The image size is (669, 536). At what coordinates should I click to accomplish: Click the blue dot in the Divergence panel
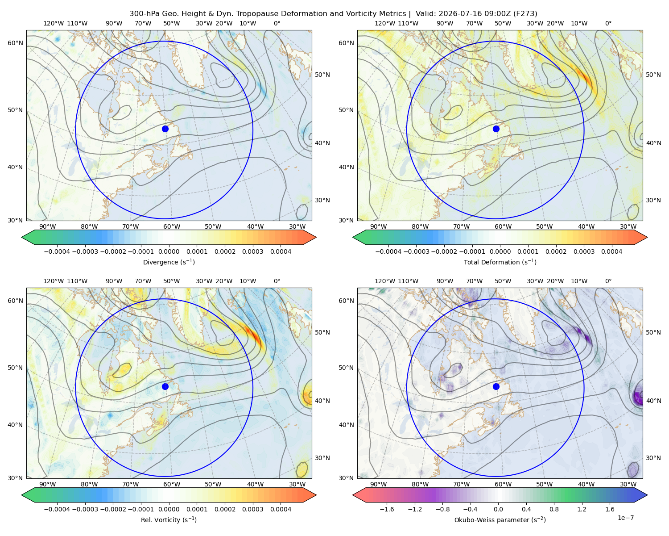click(165, 129)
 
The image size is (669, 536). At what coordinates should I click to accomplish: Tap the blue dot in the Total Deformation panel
click(496, 129)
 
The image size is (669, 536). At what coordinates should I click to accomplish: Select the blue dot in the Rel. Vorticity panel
click(165, 386)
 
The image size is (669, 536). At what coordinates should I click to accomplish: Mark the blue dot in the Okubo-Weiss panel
click(496, 386)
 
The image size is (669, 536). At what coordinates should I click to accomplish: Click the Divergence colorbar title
click(169, 262)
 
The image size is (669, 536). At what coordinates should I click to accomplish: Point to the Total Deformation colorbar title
click(500, 262)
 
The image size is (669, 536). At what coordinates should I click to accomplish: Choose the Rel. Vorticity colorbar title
click(169, 519)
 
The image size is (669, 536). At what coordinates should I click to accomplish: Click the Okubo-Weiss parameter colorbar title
click(500, 519)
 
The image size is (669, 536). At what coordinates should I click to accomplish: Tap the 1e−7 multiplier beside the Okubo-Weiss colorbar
click(625, 518)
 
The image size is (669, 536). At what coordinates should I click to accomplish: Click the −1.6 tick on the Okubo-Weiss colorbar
click(387, 509)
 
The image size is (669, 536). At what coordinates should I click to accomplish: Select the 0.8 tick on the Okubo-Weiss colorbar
click(554, 509)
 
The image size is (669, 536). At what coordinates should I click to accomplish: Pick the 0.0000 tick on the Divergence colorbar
click(169, 251)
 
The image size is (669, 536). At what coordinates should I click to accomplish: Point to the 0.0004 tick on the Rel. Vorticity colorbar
click(281, 509)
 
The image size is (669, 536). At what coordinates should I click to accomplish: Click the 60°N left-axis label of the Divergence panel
click(15, 43)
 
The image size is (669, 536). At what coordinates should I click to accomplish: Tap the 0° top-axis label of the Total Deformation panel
click(608, 23)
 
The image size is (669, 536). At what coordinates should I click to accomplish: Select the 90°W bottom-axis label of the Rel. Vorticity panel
click(48, 484)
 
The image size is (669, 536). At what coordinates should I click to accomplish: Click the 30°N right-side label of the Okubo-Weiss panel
click(653, 457)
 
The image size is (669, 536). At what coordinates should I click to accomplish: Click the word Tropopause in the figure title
click(253, 13)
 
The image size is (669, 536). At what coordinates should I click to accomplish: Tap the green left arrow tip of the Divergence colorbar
click(22, 237)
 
